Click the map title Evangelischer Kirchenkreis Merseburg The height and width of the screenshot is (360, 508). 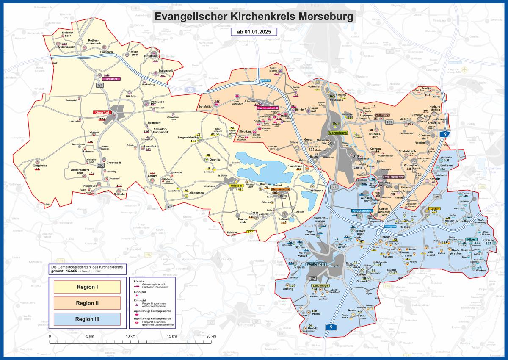click(254, 17)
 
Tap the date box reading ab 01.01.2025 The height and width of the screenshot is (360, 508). click(254, 32)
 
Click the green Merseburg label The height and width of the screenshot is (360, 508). click(337, 133)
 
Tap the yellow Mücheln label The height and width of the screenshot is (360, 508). click(236, 186)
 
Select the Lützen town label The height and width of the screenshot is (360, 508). click(434, 209)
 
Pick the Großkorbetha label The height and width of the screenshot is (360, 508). click(362, 211)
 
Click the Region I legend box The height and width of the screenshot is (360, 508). click(87, 287)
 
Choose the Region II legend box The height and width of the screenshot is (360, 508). click(87, 303)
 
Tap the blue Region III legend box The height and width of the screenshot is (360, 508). click(87, 319)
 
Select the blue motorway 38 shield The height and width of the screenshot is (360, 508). click(189, 90)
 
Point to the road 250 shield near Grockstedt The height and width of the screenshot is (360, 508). click(101, 165)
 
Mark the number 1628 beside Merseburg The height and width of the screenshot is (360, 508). click(336, 123)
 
